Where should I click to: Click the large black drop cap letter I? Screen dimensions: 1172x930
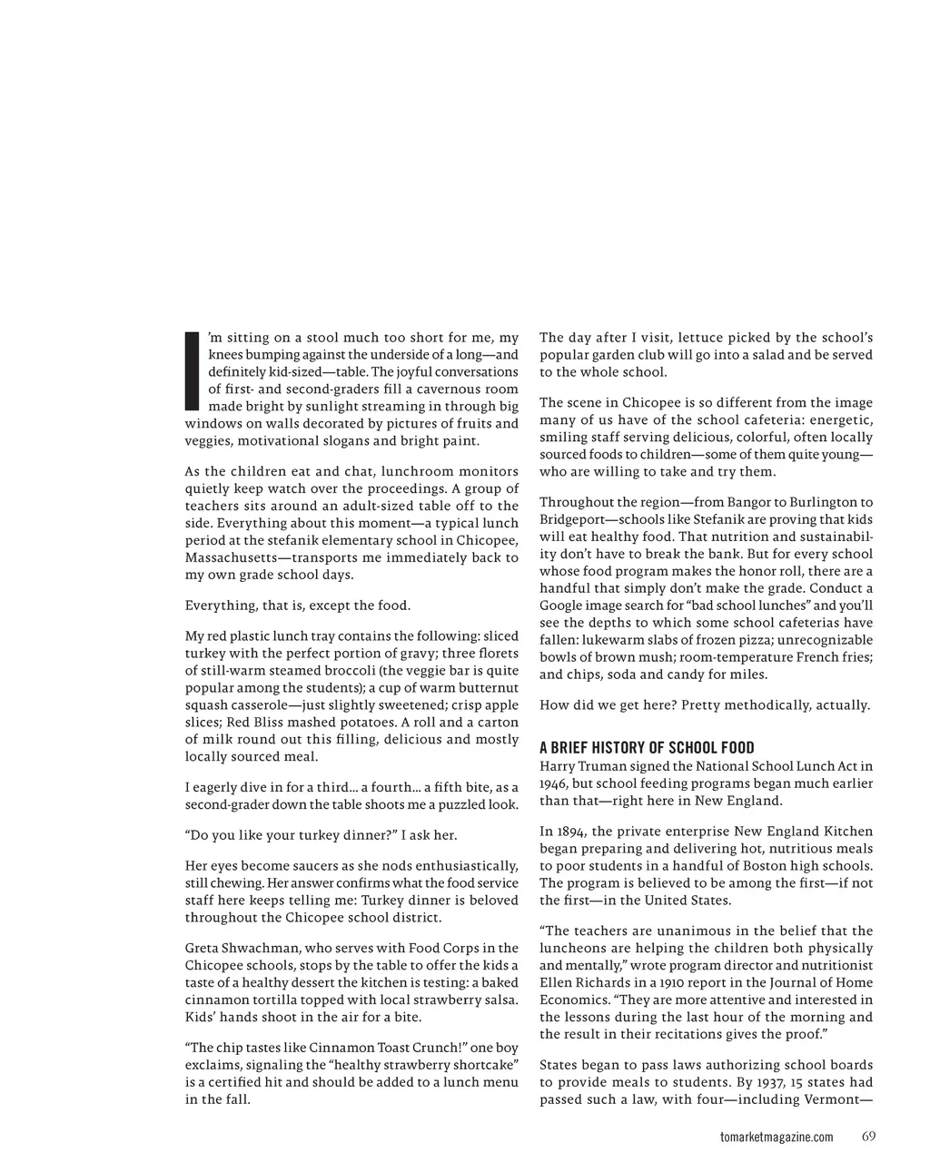pyautogui.click(x=192, y=370)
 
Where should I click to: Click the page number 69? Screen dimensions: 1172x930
pyautogui.click(x=868, y=1137)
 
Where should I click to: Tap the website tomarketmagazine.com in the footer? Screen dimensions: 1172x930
pyautogui.click(x=776, y=1138)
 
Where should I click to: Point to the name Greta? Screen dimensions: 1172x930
pyautogui.click(x=204, y=948)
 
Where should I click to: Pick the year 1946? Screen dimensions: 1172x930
pyautogui.click(x=554, y=783)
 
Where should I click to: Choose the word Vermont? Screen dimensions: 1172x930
pyautogui.click(x=830, y=1099)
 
